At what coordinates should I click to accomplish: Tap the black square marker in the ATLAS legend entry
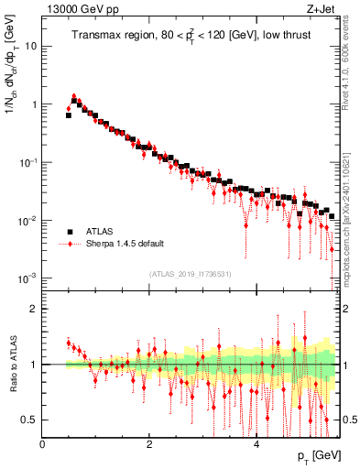pos(69,232)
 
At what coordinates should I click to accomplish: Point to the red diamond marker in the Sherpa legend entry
pos(69,245)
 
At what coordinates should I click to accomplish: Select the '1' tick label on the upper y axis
pos(34,104)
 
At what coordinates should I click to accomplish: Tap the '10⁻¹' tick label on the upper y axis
pos(28,162)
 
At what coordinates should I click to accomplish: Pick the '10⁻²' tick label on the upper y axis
pos(28,221)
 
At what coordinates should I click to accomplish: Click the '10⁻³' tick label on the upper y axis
pos(28,278)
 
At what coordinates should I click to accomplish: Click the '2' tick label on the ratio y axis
pos(34,309)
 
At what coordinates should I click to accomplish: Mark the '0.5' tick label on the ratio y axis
pos(30,420)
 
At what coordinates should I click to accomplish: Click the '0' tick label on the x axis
pos(42,443)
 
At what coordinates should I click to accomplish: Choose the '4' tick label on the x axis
pos(256,443)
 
